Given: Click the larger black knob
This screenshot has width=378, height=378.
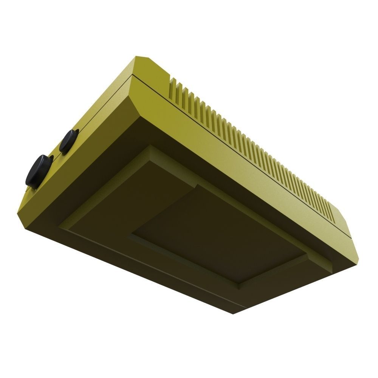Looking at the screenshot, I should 39,170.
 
